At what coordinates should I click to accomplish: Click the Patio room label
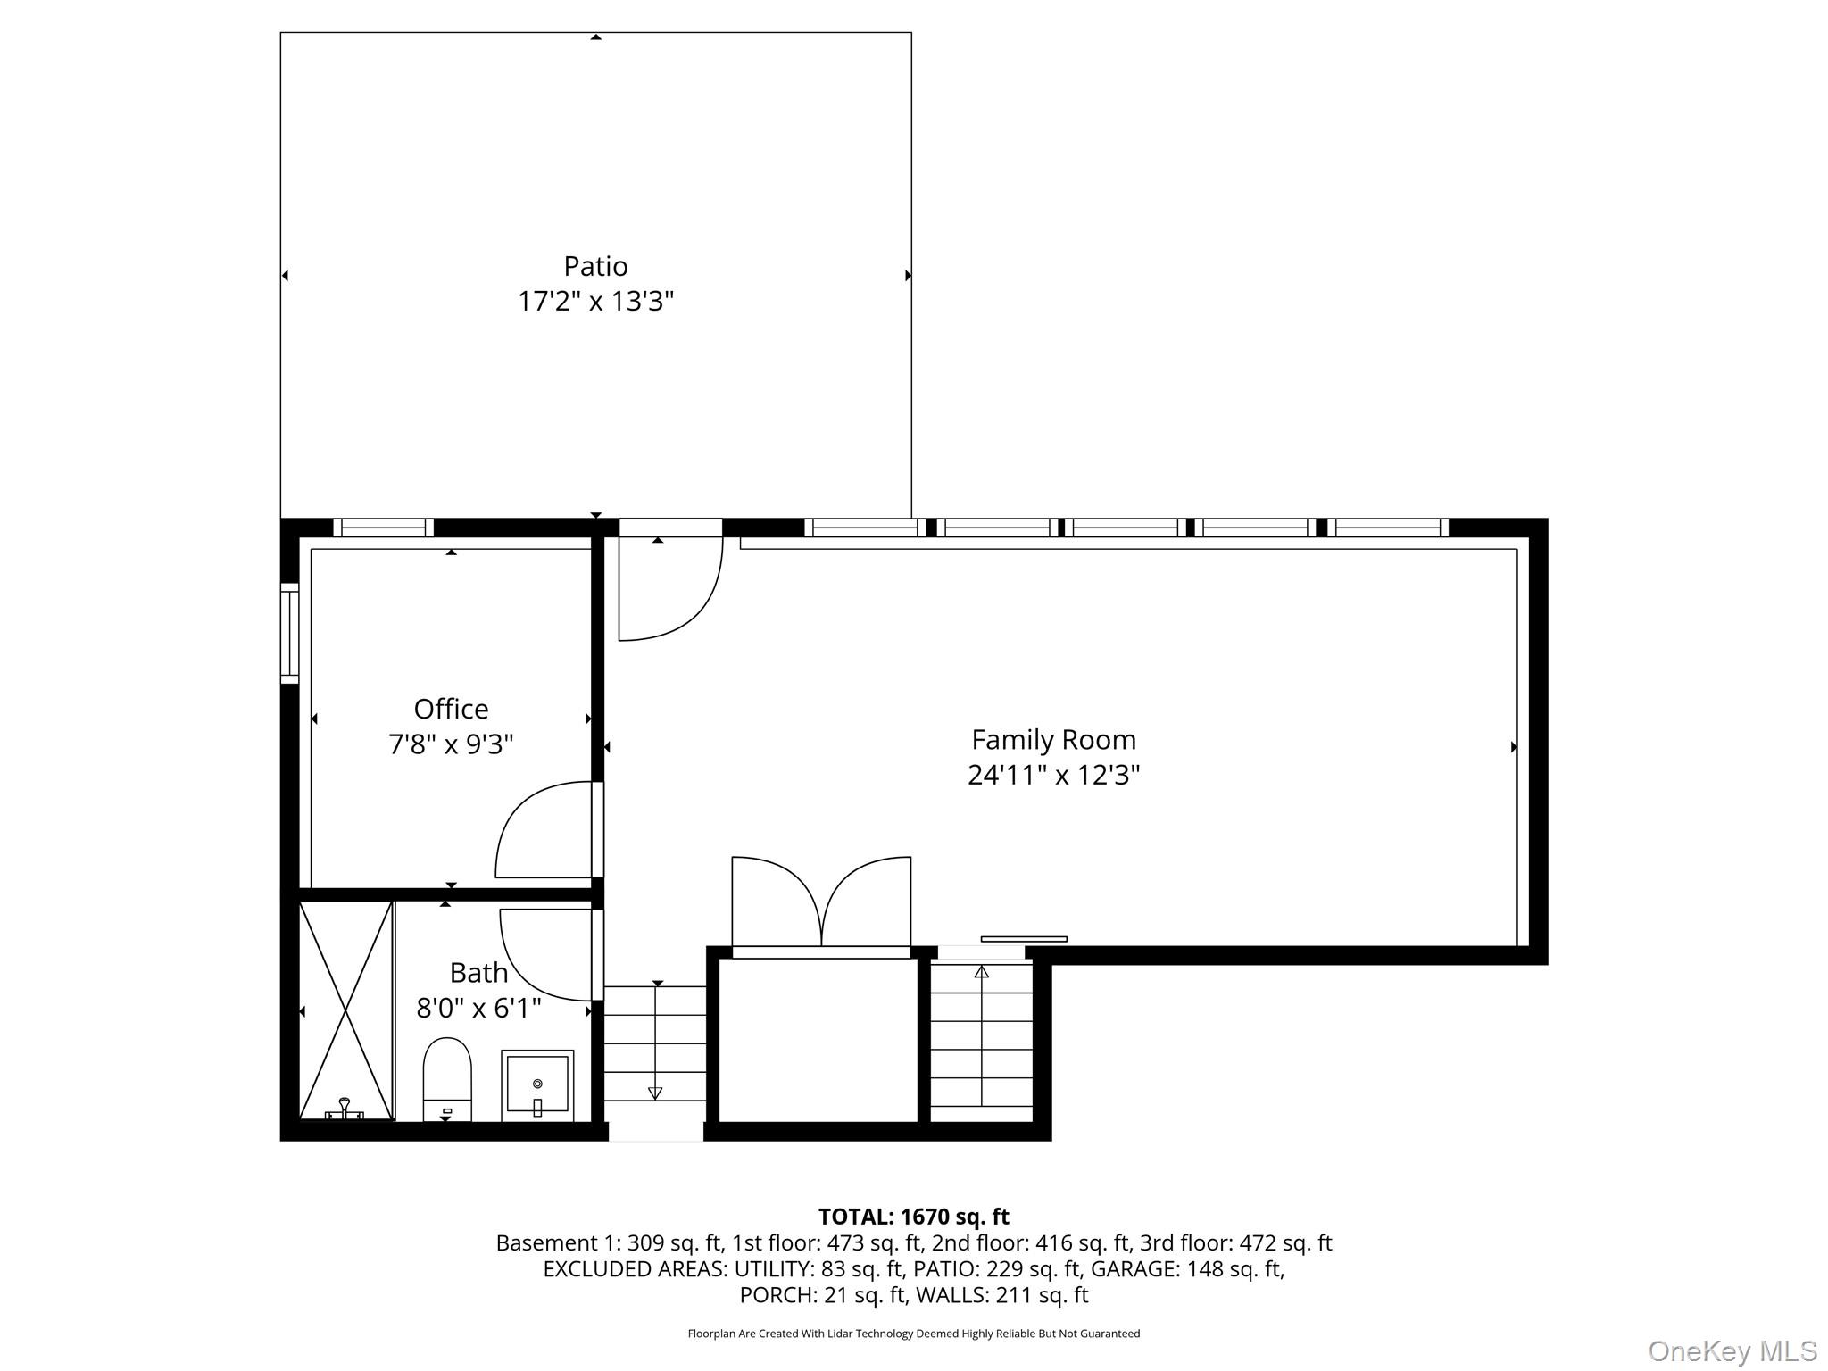(595, 266)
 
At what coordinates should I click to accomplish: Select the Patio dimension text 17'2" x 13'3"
(595, 302)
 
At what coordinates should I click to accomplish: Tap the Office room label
(451, 709)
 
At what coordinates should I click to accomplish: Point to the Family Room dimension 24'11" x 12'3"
(1053, 775)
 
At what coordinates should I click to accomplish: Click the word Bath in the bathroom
(478, 972)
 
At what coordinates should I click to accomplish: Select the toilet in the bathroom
(446, 1076)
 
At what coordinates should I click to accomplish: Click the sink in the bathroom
(537, 1084)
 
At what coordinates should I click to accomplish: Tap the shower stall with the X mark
(345, 1010)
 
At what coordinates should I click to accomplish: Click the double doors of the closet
(821, 902)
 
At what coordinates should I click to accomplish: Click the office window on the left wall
(289, 633)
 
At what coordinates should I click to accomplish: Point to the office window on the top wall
(384, 528)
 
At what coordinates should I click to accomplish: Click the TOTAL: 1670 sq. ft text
(913, 1217)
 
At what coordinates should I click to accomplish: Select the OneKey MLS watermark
(1732, 1350)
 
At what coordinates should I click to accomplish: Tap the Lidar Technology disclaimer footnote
(913, 1334)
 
